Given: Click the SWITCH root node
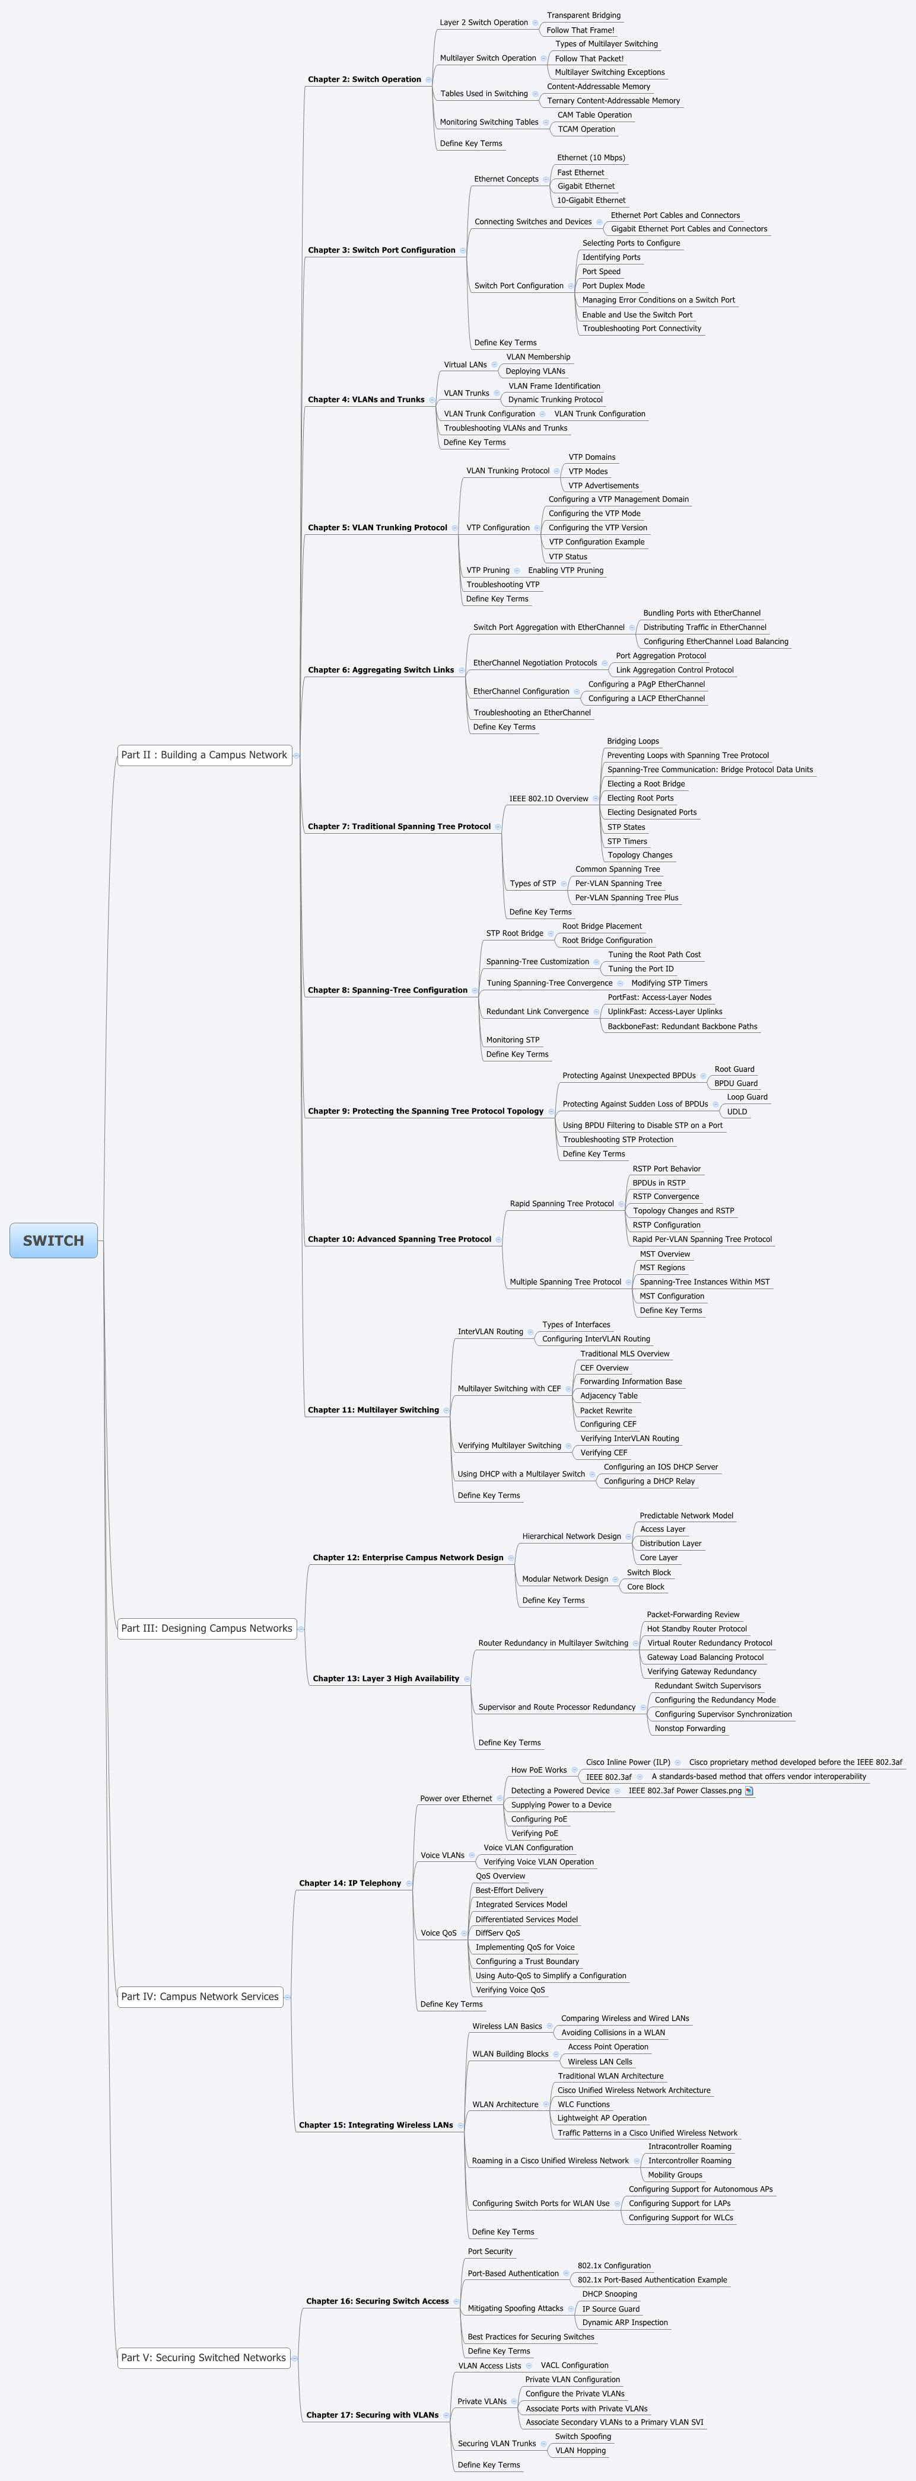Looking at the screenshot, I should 53,1240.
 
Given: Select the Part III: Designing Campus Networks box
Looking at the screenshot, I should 206,1629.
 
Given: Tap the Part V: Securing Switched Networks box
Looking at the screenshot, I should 203,2358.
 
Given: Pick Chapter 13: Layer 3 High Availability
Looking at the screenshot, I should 385,1679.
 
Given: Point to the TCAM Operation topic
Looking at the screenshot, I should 586,129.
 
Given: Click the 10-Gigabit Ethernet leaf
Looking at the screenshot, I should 590,200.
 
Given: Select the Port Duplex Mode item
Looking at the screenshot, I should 613,286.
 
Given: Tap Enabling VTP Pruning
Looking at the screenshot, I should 565,570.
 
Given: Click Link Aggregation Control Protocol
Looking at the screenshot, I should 674,670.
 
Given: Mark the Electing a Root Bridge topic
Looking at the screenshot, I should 645,784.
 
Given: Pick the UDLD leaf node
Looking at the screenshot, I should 737,1111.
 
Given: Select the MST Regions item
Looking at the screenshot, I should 661,1267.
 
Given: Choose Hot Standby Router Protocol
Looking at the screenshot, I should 696,1629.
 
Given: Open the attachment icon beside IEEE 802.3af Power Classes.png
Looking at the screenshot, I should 749,1791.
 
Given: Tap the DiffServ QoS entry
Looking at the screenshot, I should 497,1933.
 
